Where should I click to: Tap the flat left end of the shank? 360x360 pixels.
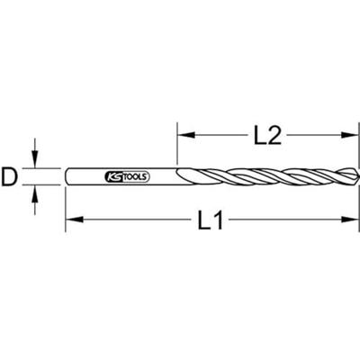click(x=67, y=176)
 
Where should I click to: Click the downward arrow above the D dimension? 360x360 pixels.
click(x=36, y=160)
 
